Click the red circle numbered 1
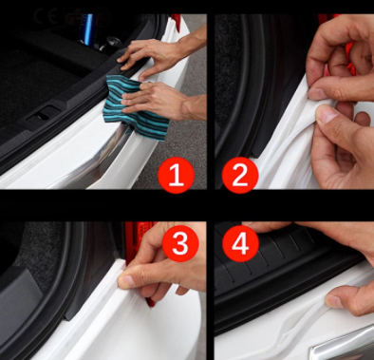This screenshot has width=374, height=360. click(176, 175)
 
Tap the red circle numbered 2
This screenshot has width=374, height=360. click(240, 175)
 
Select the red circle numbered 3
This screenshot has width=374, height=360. click(180, 243)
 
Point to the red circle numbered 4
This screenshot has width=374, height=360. click(240, 243)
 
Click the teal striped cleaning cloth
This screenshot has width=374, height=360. click(136, 107)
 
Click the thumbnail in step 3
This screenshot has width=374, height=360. click(127, 280)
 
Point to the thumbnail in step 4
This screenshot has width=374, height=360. click(334, 301)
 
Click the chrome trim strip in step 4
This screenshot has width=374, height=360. click(344, 345)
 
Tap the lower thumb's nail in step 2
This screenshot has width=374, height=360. click(327, 115)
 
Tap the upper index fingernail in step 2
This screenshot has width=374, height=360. click(317, 93)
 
